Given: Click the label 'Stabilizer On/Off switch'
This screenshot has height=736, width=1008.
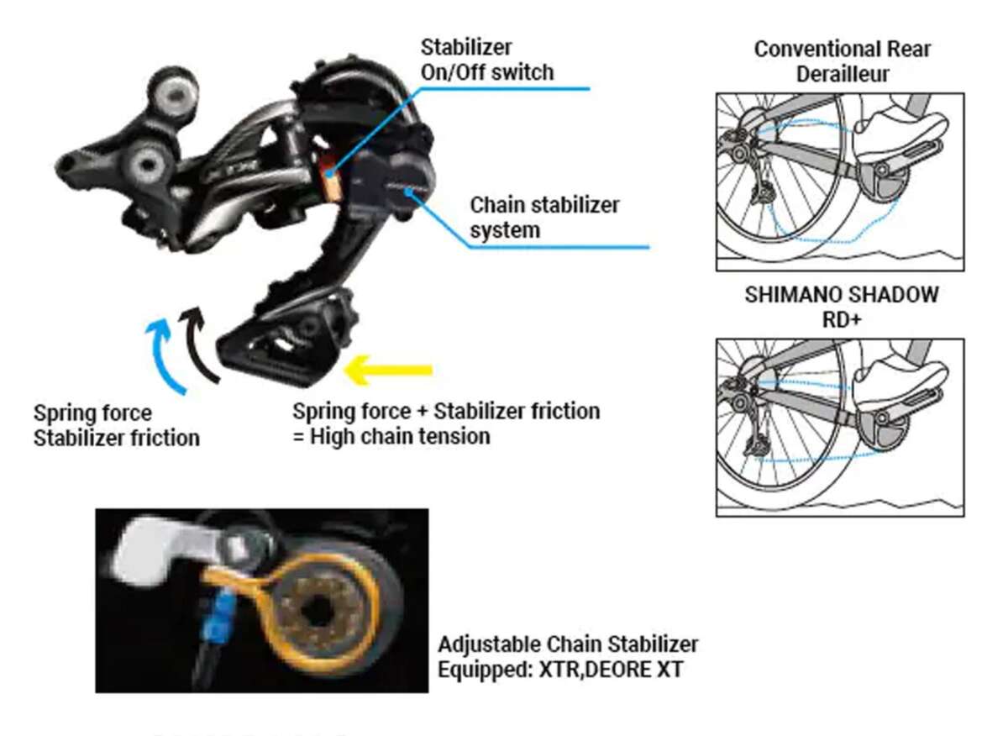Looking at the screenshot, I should (487, 60).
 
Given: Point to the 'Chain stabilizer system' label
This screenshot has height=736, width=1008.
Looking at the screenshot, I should (544, 217).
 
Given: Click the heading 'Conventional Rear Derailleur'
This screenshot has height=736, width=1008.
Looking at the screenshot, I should (842, 60).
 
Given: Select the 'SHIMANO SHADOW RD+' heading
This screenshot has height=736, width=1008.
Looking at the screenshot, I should (842, 308).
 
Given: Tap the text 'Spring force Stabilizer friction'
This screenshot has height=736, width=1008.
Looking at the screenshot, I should (116, 425).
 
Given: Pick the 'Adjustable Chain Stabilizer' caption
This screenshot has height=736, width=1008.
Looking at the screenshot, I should (568, 644).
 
